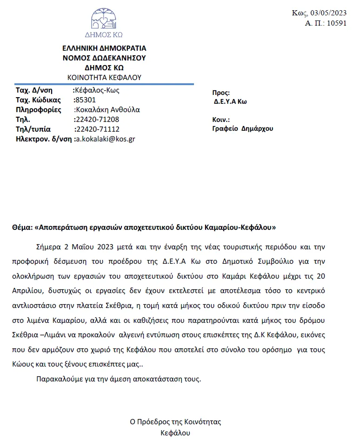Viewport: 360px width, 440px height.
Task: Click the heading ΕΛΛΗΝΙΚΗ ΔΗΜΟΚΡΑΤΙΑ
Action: point(104,48)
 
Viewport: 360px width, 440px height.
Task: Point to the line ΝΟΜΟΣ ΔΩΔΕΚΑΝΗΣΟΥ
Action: point(104,58)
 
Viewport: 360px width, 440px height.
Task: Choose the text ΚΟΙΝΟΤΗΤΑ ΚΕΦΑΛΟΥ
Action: point(104,77)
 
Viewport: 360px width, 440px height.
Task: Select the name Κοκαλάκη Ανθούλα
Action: point(107,110)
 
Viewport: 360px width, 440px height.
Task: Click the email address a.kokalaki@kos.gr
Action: point(106,139)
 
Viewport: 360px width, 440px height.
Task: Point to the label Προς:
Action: point(221,93)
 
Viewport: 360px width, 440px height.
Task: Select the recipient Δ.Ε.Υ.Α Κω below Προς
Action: point(230,102)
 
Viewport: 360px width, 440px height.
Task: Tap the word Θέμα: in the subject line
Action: point(22,228)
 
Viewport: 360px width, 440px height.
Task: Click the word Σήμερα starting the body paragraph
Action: point(48,246)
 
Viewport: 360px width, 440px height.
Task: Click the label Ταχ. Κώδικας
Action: point(39,100)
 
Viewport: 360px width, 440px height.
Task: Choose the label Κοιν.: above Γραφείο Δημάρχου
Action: point(221,120)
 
